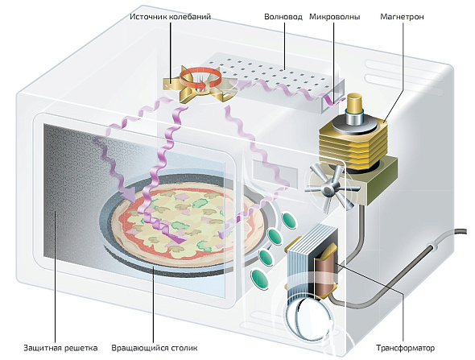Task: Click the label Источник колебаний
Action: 170,16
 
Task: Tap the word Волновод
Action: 283,16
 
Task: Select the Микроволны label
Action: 335,17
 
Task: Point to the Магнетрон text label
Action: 402,17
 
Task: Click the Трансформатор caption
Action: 405,348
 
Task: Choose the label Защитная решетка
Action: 60,348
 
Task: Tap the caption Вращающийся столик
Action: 155,348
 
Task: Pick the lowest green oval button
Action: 259,279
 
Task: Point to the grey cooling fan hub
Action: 328,190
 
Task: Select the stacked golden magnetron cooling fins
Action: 353,146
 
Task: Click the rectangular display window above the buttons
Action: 275,173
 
